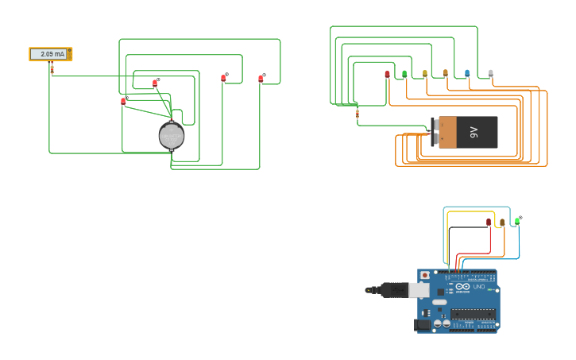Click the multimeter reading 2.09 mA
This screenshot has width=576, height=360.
[51, 54]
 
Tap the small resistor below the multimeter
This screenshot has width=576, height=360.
[52, 70]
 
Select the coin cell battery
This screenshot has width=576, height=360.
[171, 136]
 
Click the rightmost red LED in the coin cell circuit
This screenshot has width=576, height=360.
[261, 78]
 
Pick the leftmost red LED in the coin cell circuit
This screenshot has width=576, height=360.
[123, 101]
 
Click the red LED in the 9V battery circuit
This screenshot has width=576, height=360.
[387, 74]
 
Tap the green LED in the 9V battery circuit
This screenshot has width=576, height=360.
[404, 74]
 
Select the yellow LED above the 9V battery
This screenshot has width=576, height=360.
[425, 73]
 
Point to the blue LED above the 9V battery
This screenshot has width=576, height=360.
[467, 73]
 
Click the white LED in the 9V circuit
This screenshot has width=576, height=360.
[491, 73]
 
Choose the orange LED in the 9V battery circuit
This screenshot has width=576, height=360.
[446, 73]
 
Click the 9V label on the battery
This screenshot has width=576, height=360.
[474, 132]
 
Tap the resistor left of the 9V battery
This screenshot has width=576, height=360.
[357, 114]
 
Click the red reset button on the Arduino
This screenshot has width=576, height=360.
[425, 275]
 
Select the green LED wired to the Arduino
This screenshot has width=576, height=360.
[517, 221]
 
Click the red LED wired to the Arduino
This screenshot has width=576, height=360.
[489, 223]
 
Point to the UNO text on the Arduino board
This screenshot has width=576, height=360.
[479, 287]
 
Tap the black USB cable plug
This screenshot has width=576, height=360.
[394, 290]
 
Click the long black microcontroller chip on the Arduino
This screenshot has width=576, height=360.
[474, 313]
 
